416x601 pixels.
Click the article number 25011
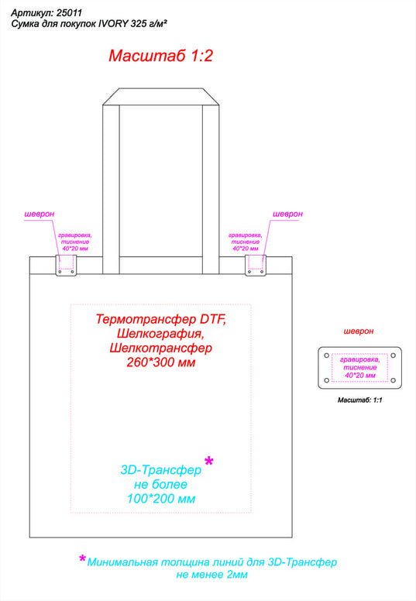tap(69, 13)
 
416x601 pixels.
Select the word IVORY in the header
tap(113, 24)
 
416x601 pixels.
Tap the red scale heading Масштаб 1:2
tap(160, 56)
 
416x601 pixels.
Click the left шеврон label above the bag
tap(39, 215)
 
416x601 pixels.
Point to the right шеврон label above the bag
tap(287, 215)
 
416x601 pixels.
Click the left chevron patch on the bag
tap(66, 265)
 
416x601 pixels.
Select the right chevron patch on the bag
tap(256, 265)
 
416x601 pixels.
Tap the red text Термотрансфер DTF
tap(160, 319)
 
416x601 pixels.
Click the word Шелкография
tap(160, 334)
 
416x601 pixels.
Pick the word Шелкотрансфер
tap(160, 348)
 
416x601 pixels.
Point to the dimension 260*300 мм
tap(161, 362)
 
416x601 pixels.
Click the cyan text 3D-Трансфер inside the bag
tap(160, 470)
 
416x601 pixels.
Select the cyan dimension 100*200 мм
tap(161, 499)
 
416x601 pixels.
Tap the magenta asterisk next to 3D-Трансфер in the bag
tap(209, 461)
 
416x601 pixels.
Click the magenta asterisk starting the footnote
tap(82, 559)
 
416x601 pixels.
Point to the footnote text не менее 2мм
tap(211, 575)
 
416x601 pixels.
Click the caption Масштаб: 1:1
tap(359, 400)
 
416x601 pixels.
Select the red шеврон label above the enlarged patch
tap(359, 331)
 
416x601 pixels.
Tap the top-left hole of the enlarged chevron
tap(327, 355)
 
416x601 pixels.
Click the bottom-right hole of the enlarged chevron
tap(393, 380)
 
